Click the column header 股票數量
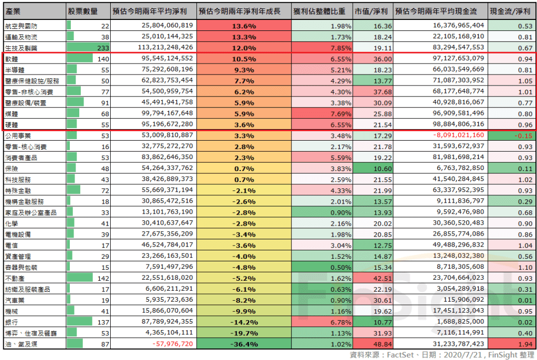click(82, 11)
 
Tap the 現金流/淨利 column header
click(508, 11)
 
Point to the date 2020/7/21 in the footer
click(460, 355)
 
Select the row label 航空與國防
click(22, 26)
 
